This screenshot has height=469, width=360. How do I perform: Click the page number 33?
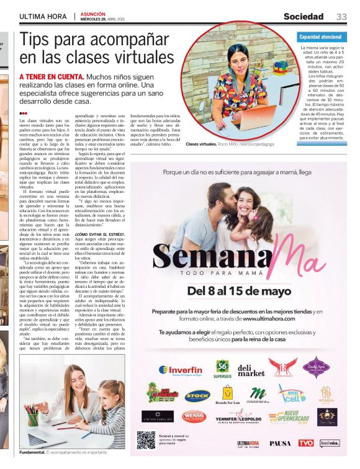pos(341,16)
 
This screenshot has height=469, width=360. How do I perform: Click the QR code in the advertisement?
pos(146,439)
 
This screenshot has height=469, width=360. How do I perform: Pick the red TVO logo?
pos(305,443)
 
